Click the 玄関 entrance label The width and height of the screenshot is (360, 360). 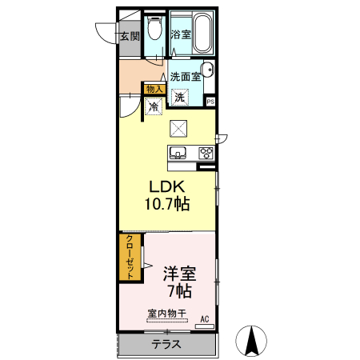coord(130,36)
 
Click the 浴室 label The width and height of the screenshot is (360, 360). coord(181,35)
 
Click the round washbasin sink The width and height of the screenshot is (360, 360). coord(207,69)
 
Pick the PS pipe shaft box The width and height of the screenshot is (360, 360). coord(210,102)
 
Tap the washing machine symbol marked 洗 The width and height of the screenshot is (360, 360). coord(180,98)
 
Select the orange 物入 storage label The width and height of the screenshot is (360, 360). coord(154,88)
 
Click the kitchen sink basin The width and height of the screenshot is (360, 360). coord(178,153)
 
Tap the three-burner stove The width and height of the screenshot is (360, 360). coord(206,153)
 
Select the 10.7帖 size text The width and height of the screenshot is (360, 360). coord(166,205)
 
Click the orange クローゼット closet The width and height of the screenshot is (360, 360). coord(128,257)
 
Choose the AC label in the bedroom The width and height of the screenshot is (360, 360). coord(205,319)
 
